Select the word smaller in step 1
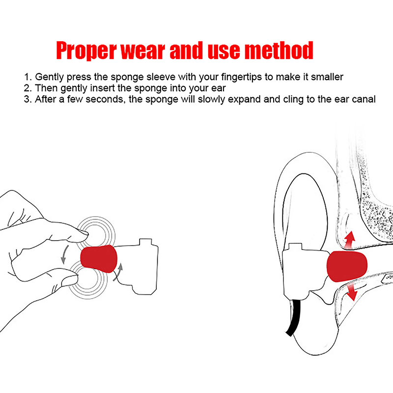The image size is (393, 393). [x=327, y=77]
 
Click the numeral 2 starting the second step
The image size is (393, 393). [x=27, y=88]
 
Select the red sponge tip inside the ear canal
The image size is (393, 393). [x=347, y=266]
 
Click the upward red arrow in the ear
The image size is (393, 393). [x=350, y=240]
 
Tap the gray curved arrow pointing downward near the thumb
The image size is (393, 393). [x=64, y=255]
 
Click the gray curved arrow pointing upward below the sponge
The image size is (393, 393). [x=118, y=272]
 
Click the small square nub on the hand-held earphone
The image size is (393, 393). [x=145, y=242]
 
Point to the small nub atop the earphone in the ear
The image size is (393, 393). [x=296, y=247]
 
